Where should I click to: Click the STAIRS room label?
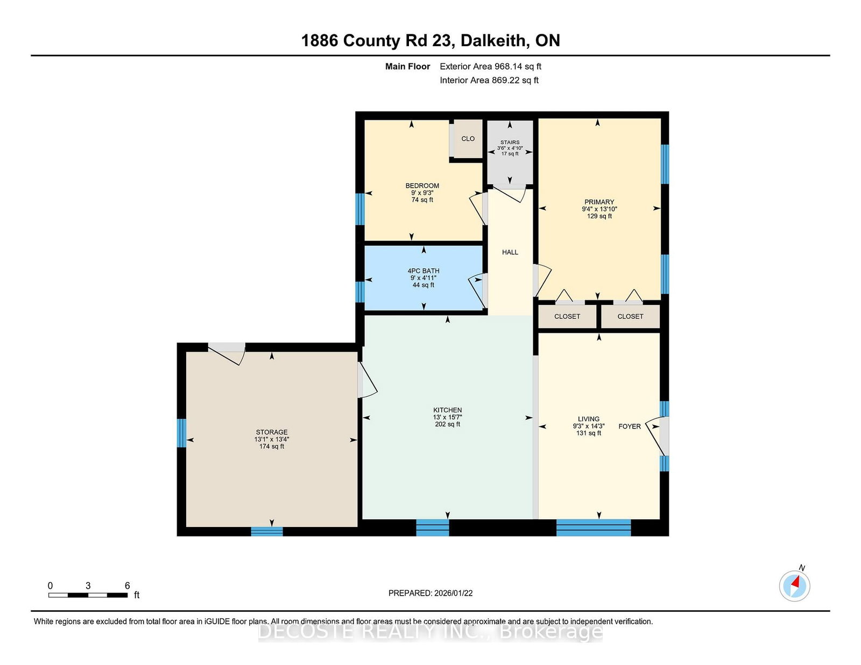coord(510,142)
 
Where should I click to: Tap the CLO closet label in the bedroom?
coord(468,139)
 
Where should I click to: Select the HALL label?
coord(510,252)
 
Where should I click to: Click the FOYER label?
coord(630,426)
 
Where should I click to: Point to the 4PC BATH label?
coord(424,271)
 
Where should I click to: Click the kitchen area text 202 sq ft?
coord(448,424)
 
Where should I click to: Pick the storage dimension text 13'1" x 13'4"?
coord(272,439)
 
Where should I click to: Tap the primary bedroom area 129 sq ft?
coord(599,216)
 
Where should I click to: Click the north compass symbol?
coord(794,585)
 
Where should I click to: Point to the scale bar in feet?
coord(88,595)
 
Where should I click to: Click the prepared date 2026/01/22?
coord(453,593)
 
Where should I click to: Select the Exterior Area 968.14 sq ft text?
coord(491,67)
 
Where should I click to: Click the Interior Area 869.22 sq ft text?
coord(489,80)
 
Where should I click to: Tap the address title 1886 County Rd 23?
coord(378,40)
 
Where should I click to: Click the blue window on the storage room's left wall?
coord(181,433)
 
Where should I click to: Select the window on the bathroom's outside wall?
coord(360,292)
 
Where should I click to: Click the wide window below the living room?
coord(594,528)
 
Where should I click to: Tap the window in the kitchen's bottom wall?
coord(432,528)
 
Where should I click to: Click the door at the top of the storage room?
coord(227,353)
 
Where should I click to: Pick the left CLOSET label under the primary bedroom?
coord(567,316)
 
